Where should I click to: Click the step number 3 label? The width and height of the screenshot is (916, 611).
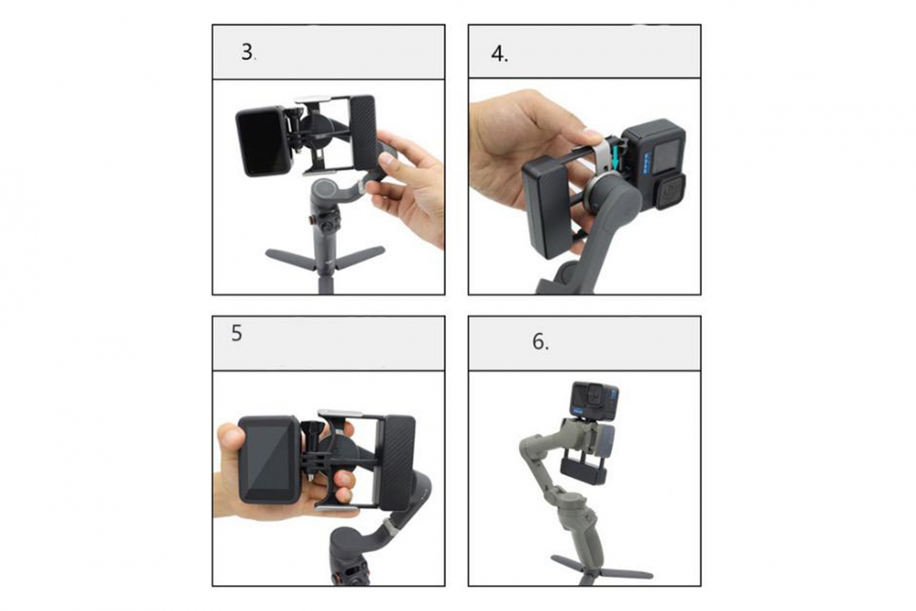[x=248, y=53]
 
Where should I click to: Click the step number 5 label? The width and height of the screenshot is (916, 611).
[x=237, y=334]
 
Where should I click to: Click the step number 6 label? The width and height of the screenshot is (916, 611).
[x=540, y=341]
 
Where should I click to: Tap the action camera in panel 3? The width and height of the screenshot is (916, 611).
[x=263, y=141]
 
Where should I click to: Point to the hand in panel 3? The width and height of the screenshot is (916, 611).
[x=409, y=187]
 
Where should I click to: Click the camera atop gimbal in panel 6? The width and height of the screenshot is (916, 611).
[x=594, y=401]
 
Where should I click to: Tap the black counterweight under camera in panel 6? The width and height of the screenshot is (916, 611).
[x=584, y=469]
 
